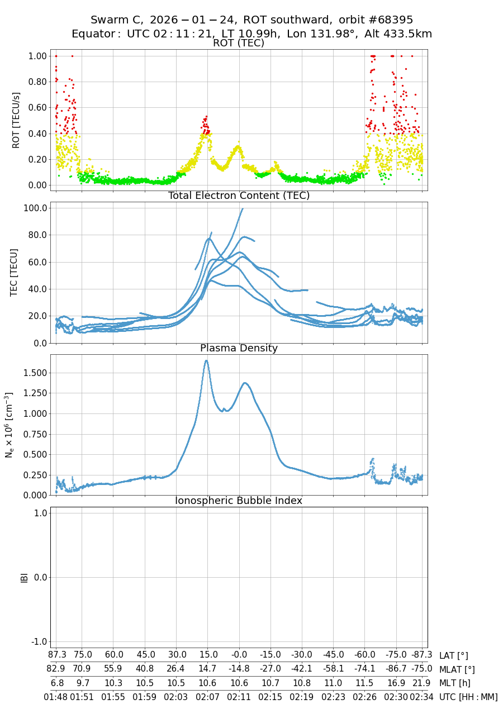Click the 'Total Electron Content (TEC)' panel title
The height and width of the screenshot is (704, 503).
239,196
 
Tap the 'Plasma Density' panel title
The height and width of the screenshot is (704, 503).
239,348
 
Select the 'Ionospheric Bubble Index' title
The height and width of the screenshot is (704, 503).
239,501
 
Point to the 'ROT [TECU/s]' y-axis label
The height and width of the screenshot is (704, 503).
16,121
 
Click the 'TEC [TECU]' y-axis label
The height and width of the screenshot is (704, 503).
15,272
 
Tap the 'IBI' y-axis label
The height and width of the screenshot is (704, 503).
24,577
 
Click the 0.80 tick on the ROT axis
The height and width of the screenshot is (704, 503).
37,82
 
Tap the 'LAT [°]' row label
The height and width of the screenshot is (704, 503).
453,655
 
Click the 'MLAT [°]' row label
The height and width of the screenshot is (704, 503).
457,669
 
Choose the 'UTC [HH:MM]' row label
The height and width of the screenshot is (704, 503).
468,697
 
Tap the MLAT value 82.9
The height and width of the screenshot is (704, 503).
56,669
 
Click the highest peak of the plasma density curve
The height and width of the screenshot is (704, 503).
206,360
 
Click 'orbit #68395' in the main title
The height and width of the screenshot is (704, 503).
376,20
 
